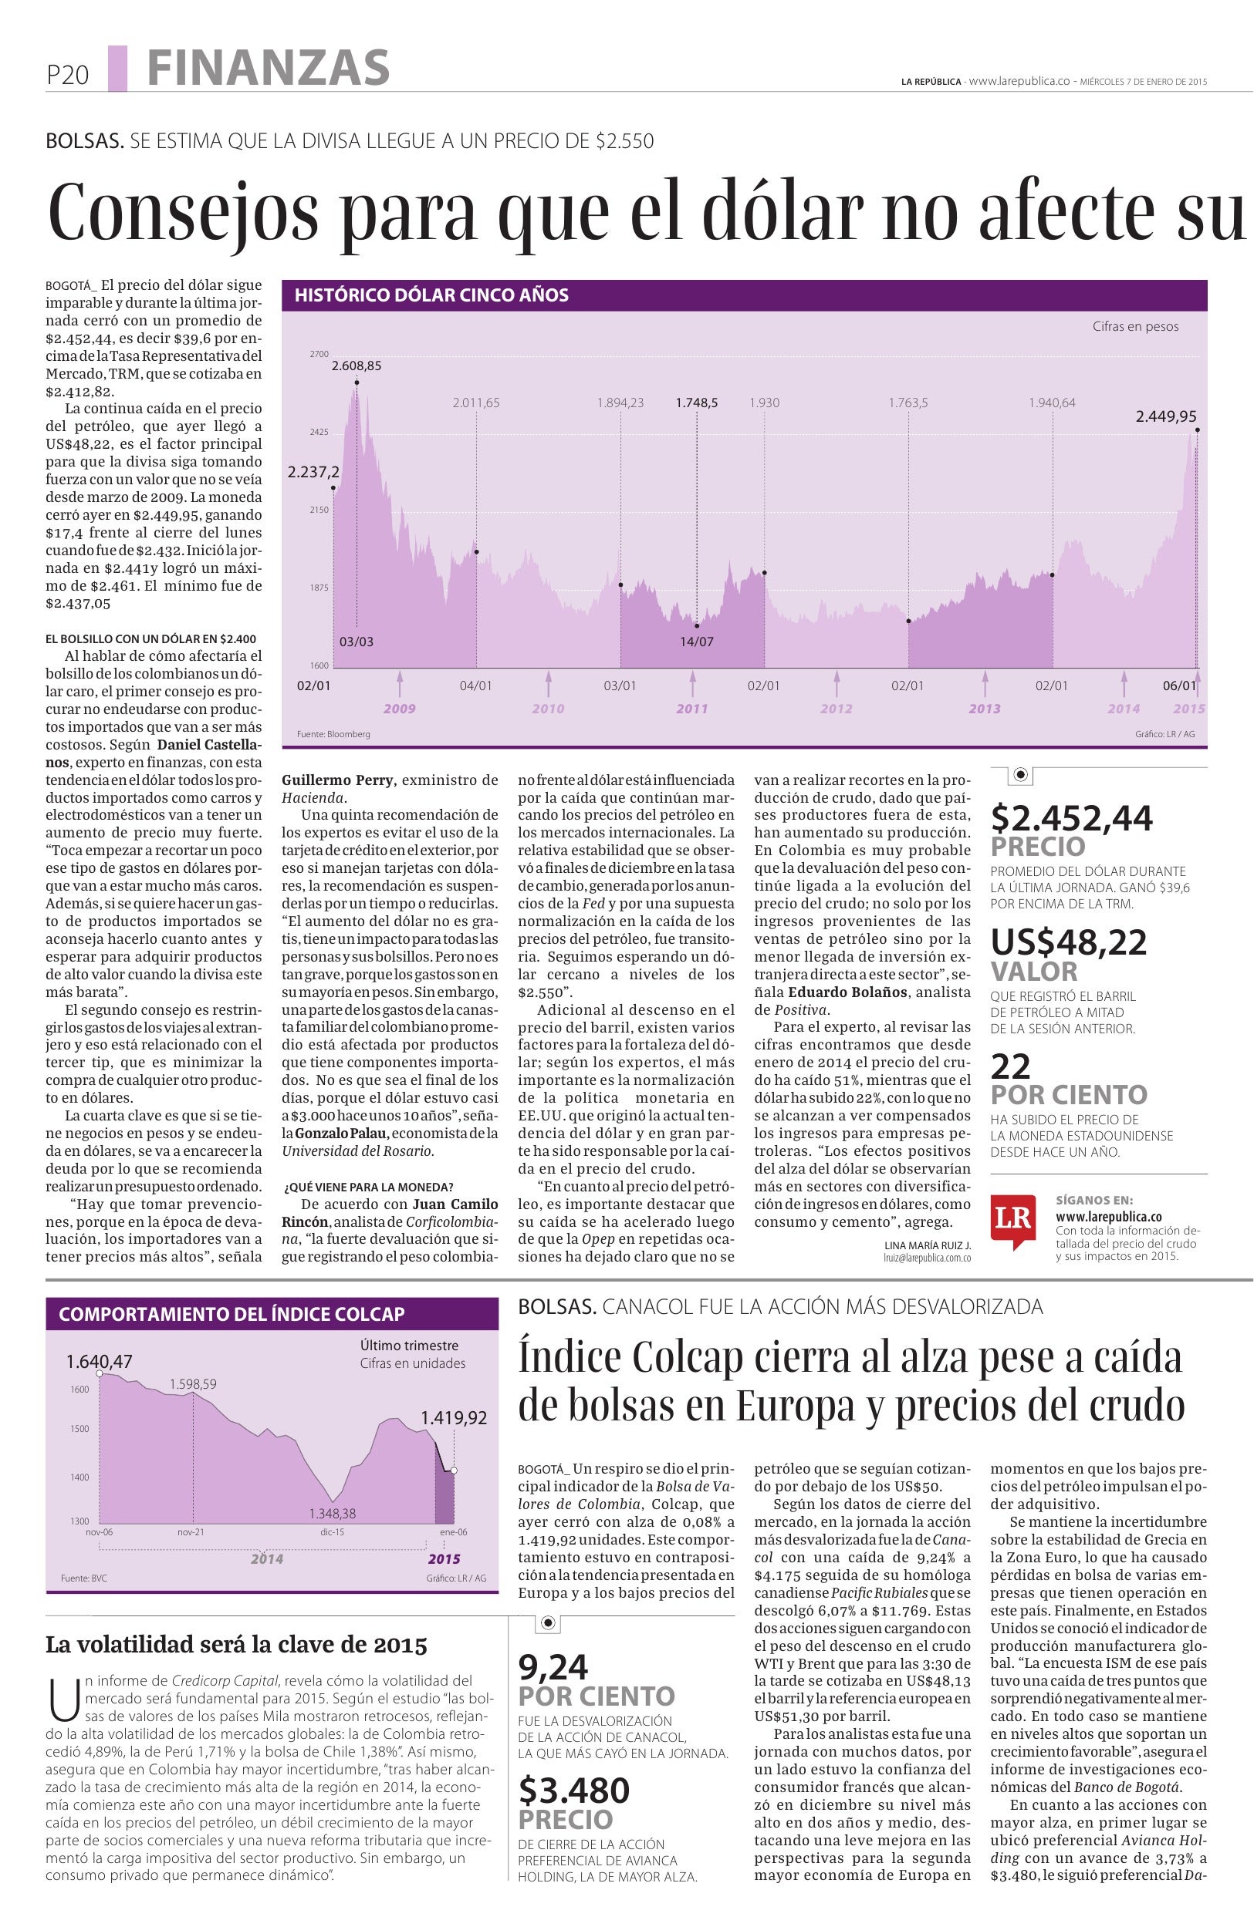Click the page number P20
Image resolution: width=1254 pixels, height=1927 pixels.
tap(67, 76)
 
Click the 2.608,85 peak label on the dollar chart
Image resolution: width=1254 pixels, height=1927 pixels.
tap(357, 366)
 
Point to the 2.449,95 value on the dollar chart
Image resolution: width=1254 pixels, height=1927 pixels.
tap(1165, 416)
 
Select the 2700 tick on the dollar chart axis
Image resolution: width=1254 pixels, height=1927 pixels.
tap(319, 354)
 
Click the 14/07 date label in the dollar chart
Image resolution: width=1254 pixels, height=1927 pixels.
tap(696, 642)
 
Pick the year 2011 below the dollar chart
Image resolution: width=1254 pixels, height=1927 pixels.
tap(691, 709)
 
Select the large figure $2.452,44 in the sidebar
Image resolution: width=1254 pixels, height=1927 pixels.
tap(1072, 819)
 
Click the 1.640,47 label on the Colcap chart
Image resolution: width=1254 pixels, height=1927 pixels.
tap(99, 1362)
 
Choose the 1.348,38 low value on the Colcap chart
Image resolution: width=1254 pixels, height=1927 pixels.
tap(332, 1512)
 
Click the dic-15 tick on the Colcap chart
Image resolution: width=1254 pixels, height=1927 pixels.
tap(332, 1532)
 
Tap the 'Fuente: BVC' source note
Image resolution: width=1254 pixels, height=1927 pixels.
tap(83, 1578)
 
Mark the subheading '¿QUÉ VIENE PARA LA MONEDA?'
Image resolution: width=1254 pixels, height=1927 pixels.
tap(368, 1187)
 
